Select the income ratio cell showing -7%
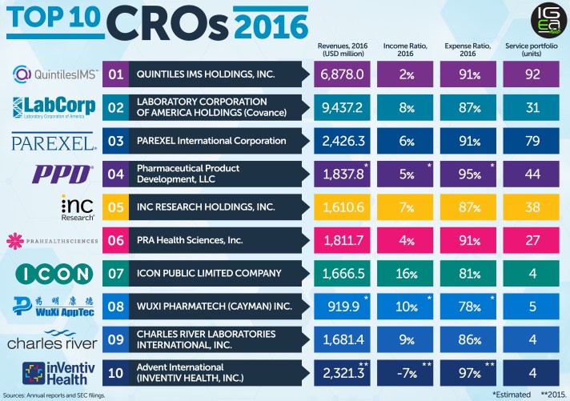click(x=407, y=372)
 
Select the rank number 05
click(x=116, y=207)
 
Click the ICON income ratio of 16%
click(x=407, y=273)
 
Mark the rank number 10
click(x=116, y=372)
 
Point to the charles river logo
click(x=52, y=339)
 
